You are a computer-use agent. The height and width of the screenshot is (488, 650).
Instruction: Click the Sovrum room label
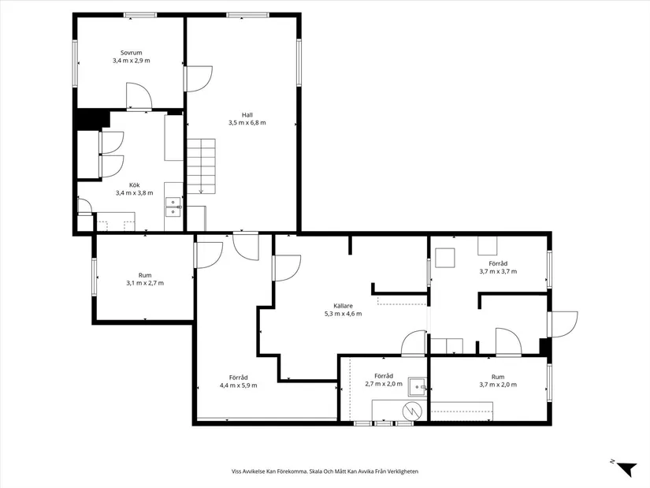131,52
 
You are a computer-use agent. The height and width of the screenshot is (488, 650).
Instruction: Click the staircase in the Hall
201,166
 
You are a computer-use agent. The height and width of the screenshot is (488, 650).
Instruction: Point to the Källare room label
343,305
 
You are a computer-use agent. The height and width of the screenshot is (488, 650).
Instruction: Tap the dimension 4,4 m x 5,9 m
238,385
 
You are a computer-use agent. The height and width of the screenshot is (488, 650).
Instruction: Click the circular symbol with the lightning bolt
410,410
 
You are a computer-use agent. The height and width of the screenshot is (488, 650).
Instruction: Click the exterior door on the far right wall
563,323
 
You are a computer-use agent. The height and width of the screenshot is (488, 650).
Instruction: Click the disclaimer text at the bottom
325,471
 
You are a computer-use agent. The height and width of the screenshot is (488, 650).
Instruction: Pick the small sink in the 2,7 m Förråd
416,386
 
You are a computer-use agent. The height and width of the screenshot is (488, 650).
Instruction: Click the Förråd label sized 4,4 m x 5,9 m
238,377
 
